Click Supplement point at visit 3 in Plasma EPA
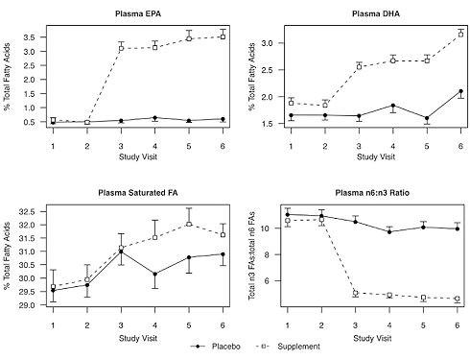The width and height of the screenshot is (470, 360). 121,47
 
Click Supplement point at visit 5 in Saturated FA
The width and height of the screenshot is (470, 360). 189,224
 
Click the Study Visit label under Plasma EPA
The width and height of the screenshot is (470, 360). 138,155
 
